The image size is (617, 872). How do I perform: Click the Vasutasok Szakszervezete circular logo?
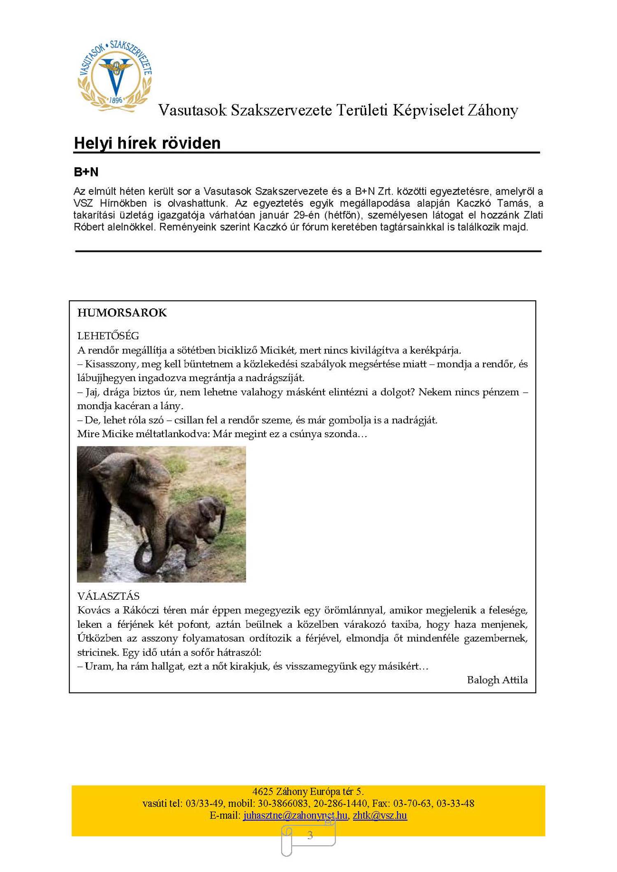[x=115, y=76]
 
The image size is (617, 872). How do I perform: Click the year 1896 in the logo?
[x=116, y=100]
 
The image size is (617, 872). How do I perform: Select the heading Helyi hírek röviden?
[x=147, y=143]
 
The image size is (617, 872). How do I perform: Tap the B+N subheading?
[x=86, y=172]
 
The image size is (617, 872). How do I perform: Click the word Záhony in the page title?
[x=492, y=110]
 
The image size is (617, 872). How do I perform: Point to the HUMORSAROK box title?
[x=122, y=313]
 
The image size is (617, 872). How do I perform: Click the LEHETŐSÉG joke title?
[x=108, y=336]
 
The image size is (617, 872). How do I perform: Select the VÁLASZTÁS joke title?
[x=108, y=596]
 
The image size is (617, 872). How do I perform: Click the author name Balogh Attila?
[x=497, y=680]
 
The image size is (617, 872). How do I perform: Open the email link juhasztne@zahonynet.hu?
[x=295, y=815]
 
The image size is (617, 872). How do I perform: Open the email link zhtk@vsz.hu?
[x=380, y=815]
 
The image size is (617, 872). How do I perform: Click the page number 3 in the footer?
[x=310, y=835]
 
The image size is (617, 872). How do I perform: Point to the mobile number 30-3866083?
[x=283, y=803]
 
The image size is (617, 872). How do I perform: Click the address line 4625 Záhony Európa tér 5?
[x=308, y=791]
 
